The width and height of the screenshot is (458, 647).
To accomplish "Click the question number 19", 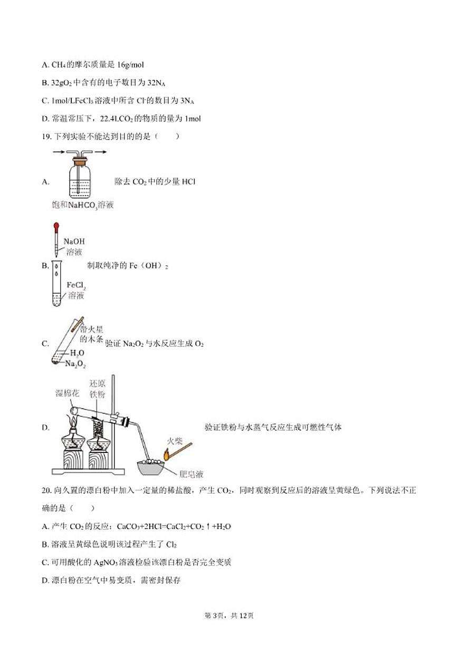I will [x=46, y=137].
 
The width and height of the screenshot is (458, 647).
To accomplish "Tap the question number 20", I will [x=46, y=490].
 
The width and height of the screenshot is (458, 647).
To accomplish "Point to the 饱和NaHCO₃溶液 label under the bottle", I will [x=79, y=205].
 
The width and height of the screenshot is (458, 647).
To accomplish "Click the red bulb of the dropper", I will [x=56, y=226].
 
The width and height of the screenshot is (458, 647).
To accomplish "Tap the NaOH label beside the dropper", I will [x=73, y=242].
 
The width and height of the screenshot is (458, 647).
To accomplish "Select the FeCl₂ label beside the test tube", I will [x=76, y=285].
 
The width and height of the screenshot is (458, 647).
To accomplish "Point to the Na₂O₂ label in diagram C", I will [x=75, y=364].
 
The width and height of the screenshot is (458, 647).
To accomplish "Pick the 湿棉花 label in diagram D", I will [x=67, y=393].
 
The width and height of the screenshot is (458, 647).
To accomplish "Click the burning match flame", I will [x=166, y=453].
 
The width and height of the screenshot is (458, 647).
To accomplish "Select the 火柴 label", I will [x=176, y=440].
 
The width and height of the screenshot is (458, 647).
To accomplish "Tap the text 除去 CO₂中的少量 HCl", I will [x=155, y=182].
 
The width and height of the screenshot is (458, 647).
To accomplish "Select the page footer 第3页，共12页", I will [x=229, y=615].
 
